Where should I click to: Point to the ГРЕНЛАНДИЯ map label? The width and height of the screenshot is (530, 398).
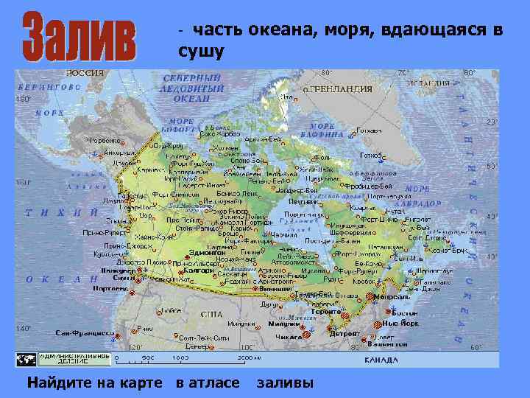341,89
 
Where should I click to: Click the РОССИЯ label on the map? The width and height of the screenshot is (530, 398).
85,74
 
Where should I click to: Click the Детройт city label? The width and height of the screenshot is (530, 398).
344,334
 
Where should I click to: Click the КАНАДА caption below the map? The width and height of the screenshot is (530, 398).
381,360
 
